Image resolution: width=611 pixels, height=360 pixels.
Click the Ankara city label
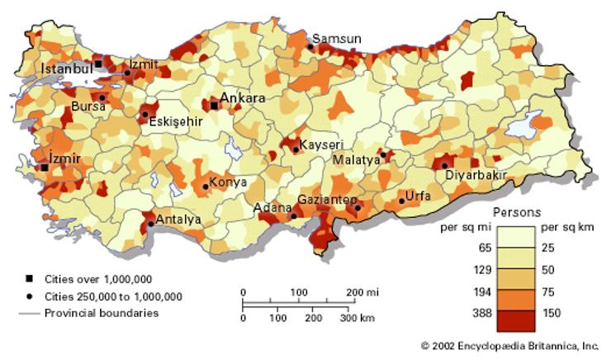pos(242,98)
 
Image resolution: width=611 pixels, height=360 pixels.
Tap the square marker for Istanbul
pos(98,64)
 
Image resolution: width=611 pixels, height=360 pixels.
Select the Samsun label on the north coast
pos(337,38)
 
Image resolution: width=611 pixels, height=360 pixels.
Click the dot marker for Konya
pos(206,187)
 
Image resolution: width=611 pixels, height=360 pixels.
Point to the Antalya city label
pos(178,220)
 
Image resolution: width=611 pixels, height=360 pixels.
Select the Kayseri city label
pos(320,144)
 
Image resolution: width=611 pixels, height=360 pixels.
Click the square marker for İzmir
pos(45,168)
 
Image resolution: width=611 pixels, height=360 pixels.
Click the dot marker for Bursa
pos(102,97)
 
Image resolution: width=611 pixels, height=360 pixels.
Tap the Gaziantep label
pos(327,201)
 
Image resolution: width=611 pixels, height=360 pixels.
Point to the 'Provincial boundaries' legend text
pos(101,313)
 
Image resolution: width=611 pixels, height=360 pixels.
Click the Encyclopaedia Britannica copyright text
pos(509,346)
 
